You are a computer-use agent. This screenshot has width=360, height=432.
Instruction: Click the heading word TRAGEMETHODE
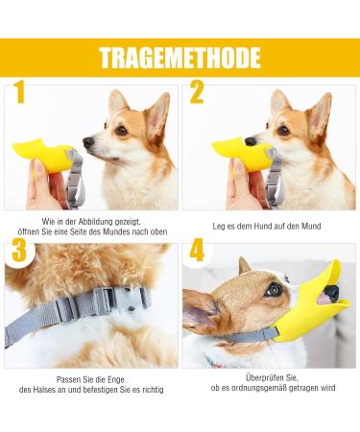click(x=180, y=57)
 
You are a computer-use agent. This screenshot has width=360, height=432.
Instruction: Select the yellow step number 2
click(x=197, y=93)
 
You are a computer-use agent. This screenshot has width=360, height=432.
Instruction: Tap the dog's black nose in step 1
click(x=87, y=142)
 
